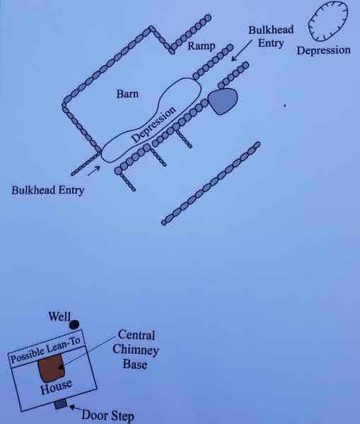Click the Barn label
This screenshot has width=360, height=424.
[x=127, y=94]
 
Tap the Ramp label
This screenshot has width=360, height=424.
[x=202, y=46]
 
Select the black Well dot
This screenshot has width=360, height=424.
[x=74, y=324]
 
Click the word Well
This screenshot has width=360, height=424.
[x=59, y=317]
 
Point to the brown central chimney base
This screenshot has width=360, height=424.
[x=52, y=368]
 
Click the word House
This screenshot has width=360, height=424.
[x=56, y=387]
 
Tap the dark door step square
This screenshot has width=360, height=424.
[x=61, y=404]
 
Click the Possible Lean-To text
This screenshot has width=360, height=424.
[x=45, y=350]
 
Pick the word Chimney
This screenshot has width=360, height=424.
[x=135, y=350]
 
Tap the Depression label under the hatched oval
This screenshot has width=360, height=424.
[x=323, y=51]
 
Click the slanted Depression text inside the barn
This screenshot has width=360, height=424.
[x=153, y=124]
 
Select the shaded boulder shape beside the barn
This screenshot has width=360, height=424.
[x=223, y=100]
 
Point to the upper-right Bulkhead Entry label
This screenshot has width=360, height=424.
[x=271, y=37]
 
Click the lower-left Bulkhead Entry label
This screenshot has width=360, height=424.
[x=48, y=190]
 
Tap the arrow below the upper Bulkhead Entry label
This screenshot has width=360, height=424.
[x=242, y=50]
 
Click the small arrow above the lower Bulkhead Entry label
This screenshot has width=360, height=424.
[x=94, y=171]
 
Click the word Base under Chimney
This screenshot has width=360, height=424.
[x=135, y=364]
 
